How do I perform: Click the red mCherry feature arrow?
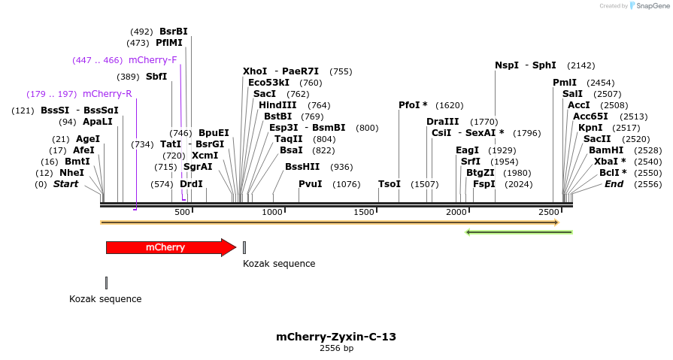(x=170, y=247)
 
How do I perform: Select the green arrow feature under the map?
(x=519, y=231)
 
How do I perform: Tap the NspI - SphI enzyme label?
(x=525, y=65)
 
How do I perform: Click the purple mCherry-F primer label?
(x=153, y=60)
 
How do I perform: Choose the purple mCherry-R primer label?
(x=107, y=94)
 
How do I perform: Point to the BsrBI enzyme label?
(x=173, y=32)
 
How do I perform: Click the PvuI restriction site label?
(x=310, y=184)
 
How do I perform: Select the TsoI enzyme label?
(x=389, y=184)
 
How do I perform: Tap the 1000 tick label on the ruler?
(x=272, y=213)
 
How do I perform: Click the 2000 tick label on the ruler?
(x=457, y=213)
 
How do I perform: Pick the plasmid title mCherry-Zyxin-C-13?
(x=336, y=337)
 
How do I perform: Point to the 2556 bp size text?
(x=336, y=348)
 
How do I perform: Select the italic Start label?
(x=65, y=184)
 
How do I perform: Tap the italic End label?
(x=614, y=184)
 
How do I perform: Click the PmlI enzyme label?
(x=565, y=83)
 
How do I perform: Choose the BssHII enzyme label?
(x=302, y=167)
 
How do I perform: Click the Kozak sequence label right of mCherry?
(x=279, y=264)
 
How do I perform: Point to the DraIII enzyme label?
(x=442, y=122)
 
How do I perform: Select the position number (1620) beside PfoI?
(x=450, y=105)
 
